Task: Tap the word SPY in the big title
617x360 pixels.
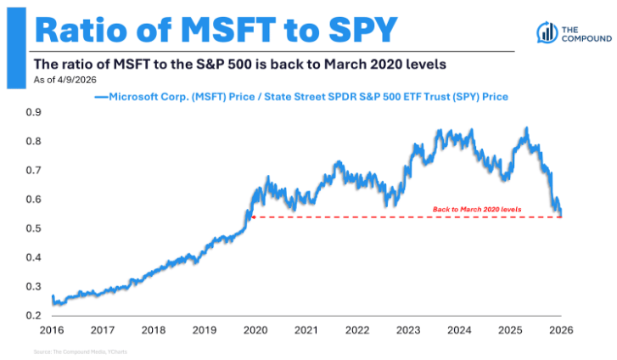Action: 356,31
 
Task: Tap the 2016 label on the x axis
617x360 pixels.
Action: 53,330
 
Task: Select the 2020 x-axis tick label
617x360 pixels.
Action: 256,330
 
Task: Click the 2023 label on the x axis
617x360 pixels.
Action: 409,330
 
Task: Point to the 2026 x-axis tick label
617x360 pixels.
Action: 561,330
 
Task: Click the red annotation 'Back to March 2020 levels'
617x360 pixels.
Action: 477,209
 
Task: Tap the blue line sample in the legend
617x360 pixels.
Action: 101,97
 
